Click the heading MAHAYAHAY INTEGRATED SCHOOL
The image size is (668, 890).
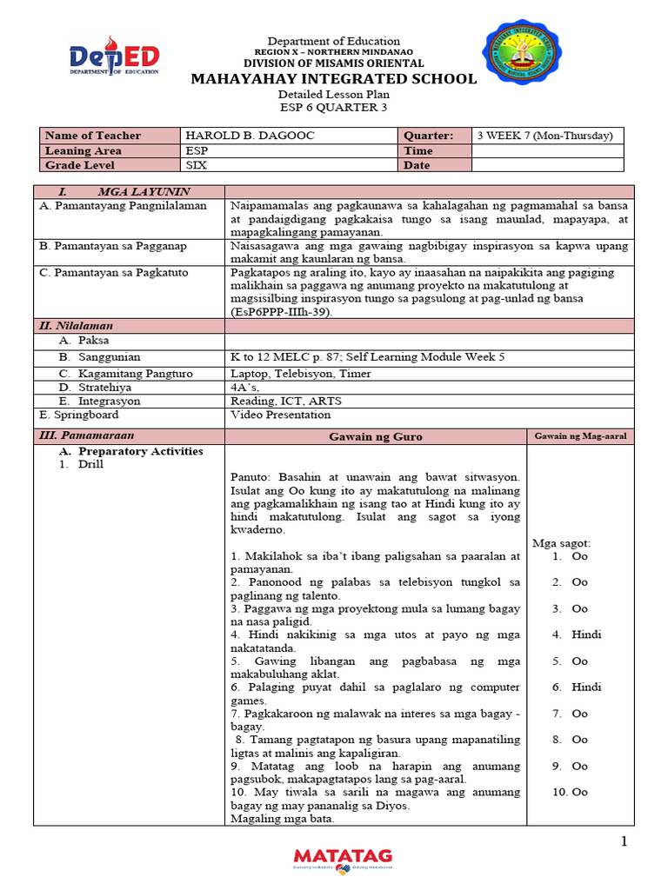(334, 79)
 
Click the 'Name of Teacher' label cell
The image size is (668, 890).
(92, 136)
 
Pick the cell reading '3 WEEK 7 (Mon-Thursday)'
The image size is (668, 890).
(545, 136)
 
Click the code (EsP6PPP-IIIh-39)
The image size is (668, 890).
(281, 311)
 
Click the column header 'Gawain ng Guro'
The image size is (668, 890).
(376, 436)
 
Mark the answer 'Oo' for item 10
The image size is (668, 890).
(579, 792)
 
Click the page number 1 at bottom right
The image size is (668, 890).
(624, 840)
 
